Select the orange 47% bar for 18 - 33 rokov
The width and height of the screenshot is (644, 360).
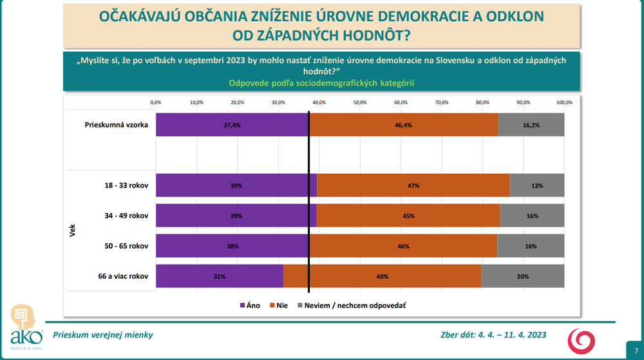click(x=413, y=185)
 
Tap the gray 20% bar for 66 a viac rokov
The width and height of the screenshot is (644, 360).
click(x=522, y=276)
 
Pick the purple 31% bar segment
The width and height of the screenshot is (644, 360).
click(x=220, y=276)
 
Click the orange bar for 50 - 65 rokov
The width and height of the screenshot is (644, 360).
click(x=404, y=246)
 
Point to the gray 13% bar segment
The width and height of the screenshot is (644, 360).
click(x=537, y=185)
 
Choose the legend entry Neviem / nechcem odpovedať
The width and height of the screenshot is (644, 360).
click(x=350, y=305)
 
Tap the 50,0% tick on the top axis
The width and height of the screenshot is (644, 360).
click(x=359, y=102)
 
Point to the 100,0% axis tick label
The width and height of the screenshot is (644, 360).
click(x=564, y=102)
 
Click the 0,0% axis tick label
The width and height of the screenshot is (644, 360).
click(x=155, y=102)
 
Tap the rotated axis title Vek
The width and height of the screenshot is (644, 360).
click(x=72, y=230)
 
